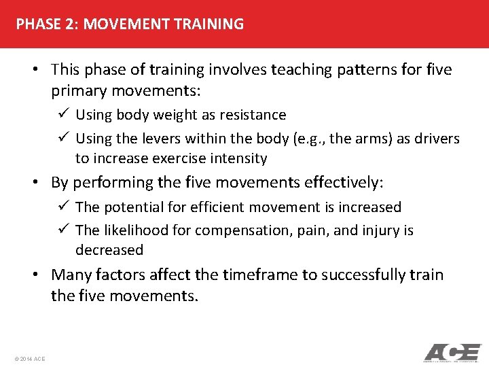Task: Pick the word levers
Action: tap(161, 139)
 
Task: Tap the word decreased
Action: tap(109, 250)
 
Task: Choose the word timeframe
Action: tap(261, 275)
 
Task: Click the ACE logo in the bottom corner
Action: tap(452, 353)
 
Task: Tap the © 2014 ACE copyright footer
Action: tap(29, 358)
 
